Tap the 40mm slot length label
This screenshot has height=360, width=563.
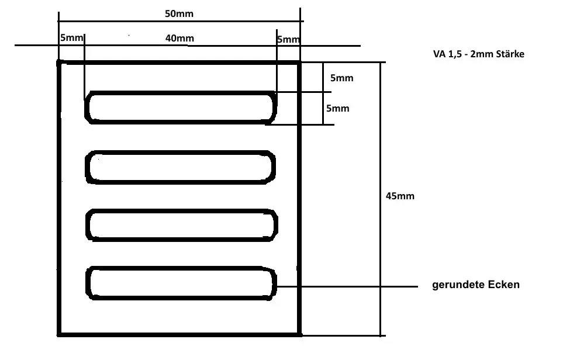[x=179, y=39]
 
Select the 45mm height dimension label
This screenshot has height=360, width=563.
[x=400, y=196]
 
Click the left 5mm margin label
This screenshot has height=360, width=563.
[x=71, y=39]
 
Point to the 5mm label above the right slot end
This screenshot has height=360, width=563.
[x=288, y=40]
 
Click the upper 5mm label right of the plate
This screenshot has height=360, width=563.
[x=341, y=78]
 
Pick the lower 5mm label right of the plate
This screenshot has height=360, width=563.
[x=337, y=109]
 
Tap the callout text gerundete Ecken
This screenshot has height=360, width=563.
[x=476, y=285]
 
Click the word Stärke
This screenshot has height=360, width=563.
[x=511, y=54]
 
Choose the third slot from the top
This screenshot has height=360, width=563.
[x=181, y=224]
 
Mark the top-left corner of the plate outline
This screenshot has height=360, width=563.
[x=59, y=62]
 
